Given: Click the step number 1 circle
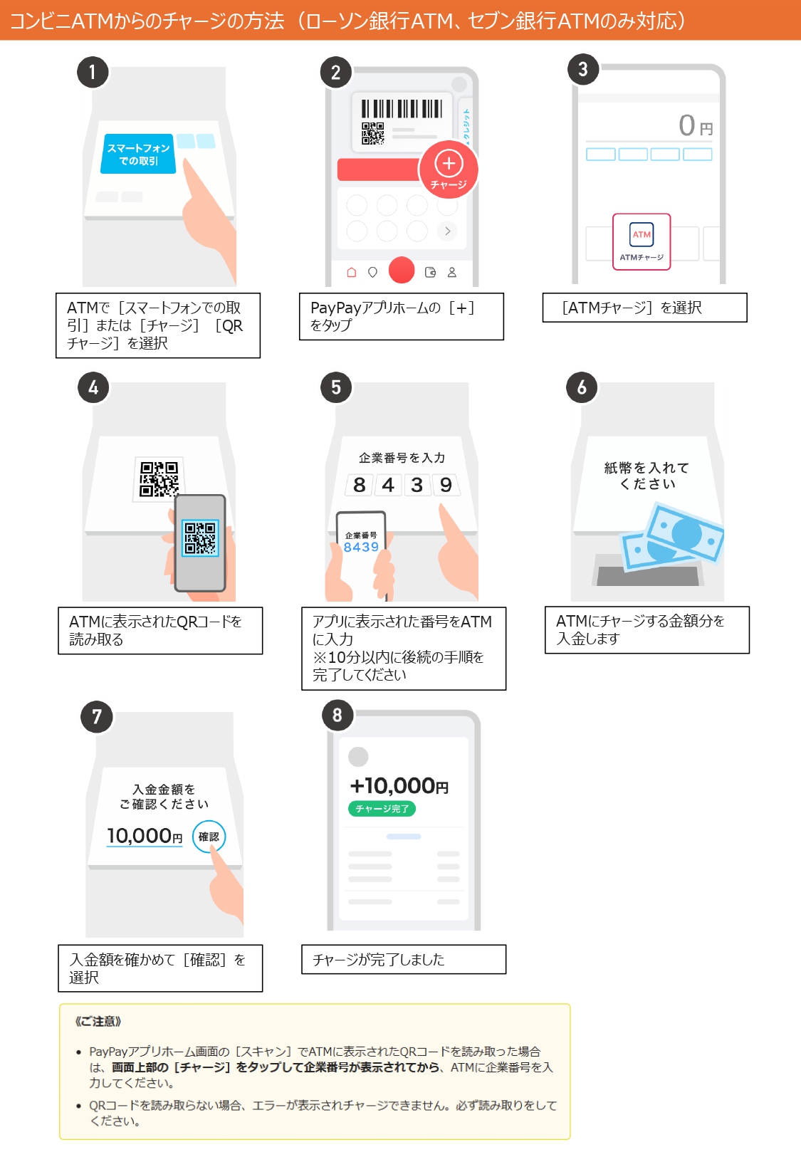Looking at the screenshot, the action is tap(93, 72).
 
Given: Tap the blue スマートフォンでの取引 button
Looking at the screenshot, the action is tap(138, 153).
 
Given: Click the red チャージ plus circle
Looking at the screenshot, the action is tap(449, 169).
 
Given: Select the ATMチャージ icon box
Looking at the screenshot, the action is tap(642, 241).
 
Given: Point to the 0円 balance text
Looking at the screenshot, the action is tap(696, 125).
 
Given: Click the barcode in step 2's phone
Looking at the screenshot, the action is tap(402, 109).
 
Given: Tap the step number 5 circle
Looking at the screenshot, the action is tap(335, 387).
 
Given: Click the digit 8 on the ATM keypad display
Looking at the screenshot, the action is tap(359, 485).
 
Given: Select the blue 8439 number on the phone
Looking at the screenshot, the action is tap(361, 547).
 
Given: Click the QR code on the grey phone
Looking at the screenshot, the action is tap(200, 538).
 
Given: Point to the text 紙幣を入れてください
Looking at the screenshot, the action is tap(647, 476).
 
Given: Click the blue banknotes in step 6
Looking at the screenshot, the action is tap(672, 537).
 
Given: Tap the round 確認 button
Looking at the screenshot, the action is tap(209, 836).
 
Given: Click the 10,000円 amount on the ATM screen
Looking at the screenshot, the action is tap(145, 836).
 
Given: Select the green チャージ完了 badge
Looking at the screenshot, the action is tap(382, 808).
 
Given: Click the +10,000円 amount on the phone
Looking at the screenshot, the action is tap(399, 786).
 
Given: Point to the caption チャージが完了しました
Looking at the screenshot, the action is tap(379, 960).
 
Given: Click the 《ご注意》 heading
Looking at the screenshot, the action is tap(98, 1021).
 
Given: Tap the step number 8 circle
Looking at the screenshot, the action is tap(337, 716).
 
